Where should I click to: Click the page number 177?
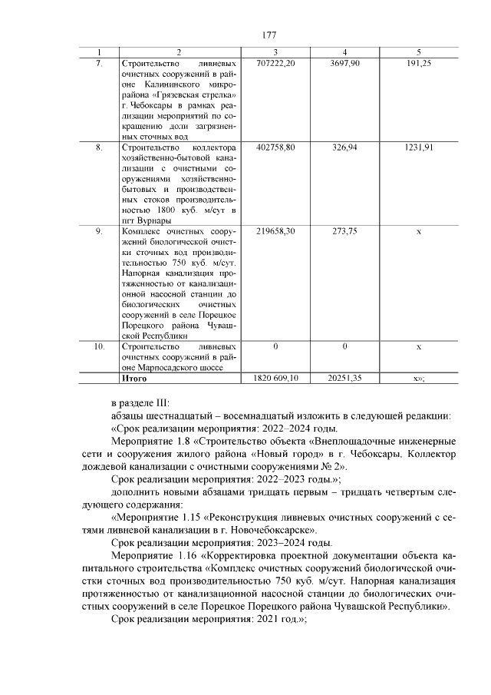pyautogui.click(x=269, y=35)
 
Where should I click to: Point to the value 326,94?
pyautogui.click(x=344, y=147)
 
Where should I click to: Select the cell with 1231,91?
pyautogui.click(x=418, y=147)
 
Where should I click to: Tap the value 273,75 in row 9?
pyautogui.click(x=344, y=230)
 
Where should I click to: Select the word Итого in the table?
pyautogui.click(x=134, y=379)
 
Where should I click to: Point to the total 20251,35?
pyautogui.click(x=344, y=379)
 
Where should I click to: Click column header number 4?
pyautogui.click(x=344, y=51)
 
